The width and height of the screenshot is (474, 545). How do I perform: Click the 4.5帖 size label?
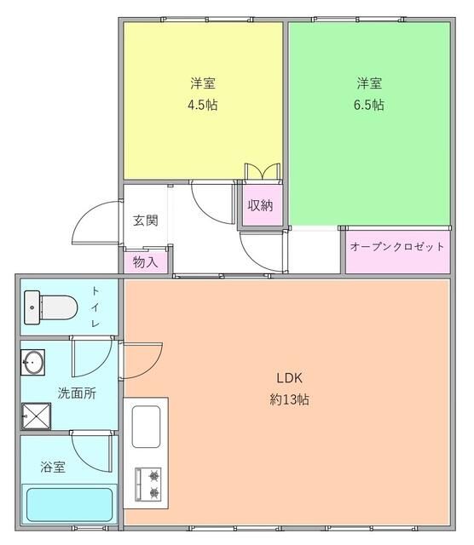click(x=202, y=106)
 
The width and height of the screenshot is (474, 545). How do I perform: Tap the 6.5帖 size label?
click(x=369, y=106)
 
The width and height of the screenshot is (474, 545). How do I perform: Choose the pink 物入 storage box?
click(x=146, y=261)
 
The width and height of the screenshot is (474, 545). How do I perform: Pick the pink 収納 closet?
click(x=260, y=206)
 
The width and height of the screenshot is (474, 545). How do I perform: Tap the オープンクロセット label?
click(x=397, y=247)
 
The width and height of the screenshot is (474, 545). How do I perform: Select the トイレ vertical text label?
click(x=95, y=307)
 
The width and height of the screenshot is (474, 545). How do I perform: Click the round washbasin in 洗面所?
click(x=32, y=362)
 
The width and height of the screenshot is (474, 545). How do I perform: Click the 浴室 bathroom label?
click(x=53, y=467)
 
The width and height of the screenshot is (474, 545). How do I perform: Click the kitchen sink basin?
click(x=147, y=428)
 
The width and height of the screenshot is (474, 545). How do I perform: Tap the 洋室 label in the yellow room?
click(x=202, y=83)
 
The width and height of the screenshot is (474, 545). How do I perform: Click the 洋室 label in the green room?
click(x=369, y=83)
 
